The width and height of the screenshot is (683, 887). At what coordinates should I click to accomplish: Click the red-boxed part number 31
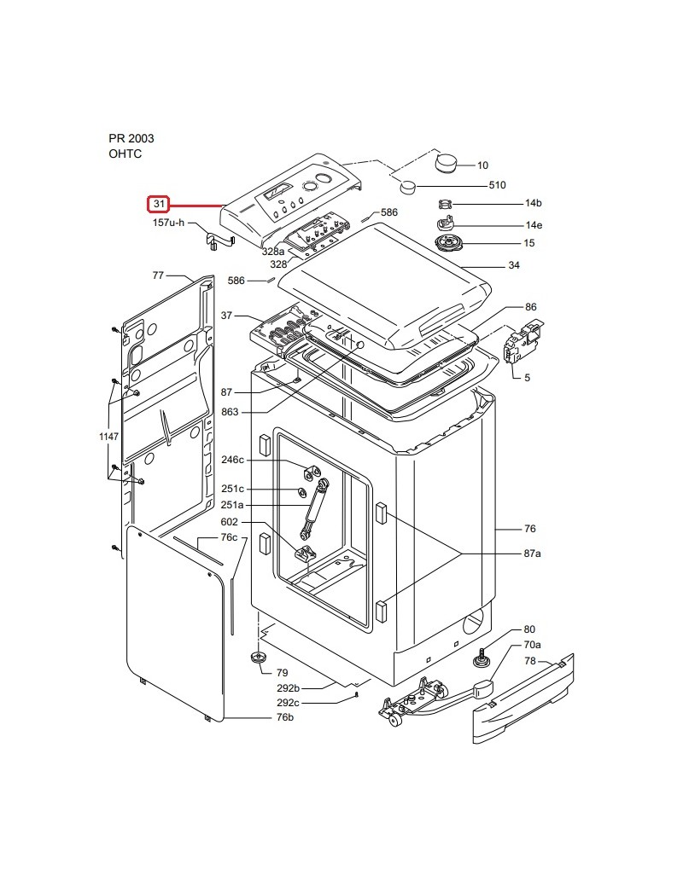159,204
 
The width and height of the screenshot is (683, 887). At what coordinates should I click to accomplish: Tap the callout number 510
497,185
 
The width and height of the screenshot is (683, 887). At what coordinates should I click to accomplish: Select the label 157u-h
168,223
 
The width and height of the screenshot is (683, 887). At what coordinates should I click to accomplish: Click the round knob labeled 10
446,163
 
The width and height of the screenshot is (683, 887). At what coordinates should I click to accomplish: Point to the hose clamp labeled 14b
447,203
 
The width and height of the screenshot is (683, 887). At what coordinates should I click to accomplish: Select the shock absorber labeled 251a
314,510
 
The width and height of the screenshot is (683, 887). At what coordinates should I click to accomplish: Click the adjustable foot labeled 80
482,658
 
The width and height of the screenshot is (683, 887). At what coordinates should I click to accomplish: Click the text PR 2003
131,138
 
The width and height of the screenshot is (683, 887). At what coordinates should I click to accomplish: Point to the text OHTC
126,154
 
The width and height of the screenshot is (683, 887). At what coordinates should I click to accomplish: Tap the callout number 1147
108,436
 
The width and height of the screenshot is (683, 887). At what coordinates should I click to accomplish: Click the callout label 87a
532,554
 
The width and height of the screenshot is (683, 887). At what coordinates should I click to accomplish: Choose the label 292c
289,703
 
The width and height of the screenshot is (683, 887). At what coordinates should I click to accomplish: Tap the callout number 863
230,412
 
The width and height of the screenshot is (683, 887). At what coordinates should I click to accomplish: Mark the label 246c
232,460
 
